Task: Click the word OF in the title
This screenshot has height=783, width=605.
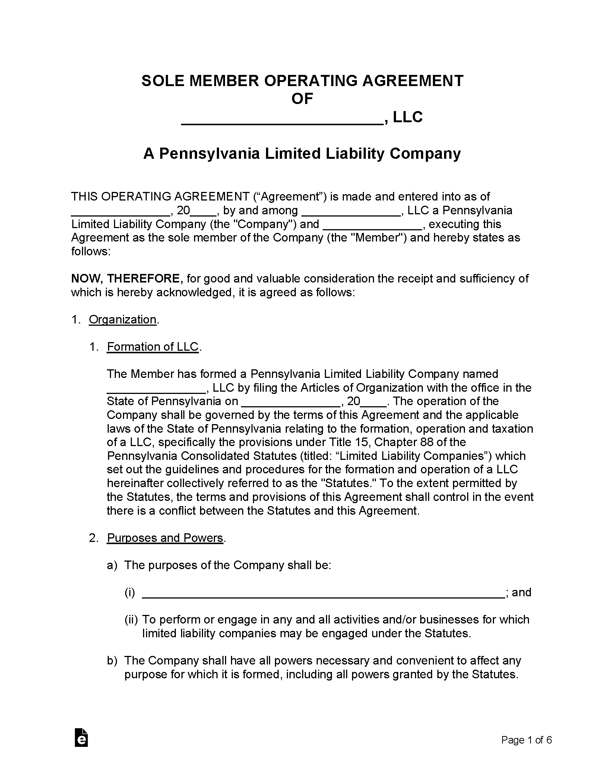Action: click(302, 99)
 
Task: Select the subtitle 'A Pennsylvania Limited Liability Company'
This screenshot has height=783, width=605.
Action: click(302, 154)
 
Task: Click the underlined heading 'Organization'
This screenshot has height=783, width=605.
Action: click(123, 319)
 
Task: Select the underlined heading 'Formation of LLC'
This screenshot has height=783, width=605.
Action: click(153, 347)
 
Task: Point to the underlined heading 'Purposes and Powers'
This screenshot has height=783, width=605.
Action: click(165, 538)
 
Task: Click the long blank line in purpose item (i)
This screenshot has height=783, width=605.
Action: click(323, 593)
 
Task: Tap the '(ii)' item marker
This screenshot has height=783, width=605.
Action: click(131, 620)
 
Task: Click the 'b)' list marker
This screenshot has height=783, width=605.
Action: click(112, 661)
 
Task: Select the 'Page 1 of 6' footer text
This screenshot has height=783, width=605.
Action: click(526, 740)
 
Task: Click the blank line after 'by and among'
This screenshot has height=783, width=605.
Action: click(351, 211)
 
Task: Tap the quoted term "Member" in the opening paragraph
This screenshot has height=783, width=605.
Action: click(378, 238)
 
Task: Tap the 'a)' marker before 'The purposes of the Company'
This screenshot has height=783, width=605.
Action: click(112, 565)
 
